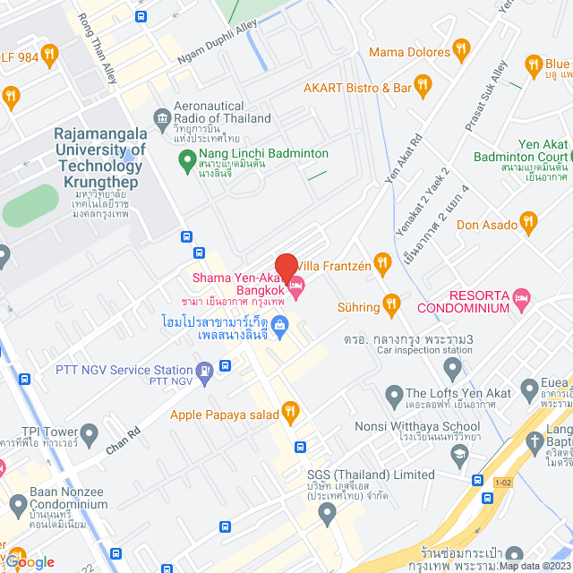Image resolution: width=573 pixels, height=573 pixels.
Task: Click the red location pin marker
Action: (286, 267)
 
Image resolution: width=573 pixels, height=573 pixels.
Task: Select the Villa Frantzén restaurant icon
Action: (382, 262)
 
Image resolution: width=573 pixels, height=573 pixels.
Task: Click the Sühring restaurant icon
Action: (390, 306)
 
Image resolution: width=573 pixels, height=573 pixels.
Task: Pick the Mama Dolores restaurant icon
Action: (461, 48)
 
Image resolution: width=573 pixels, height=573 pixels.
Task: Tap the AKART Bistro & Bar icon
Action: (423, 87)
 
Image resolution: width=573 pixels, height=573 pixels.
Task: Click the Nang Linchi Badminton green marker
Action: (187, 162)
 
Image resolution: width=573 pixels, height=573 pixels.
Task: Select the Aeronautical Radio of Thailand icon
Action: (162, 116)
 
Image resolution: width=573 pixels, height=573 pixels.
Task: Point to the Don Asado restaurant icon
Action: (528, 222)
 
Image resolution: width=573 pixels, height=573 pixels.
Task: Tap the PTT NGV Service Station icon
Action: (206, 370)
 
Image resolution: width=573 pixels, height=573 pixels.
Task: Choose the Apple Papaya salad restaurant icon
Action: (289, 413)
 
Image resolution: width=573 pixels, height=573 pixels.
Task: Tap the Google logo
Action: (29, 561)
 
